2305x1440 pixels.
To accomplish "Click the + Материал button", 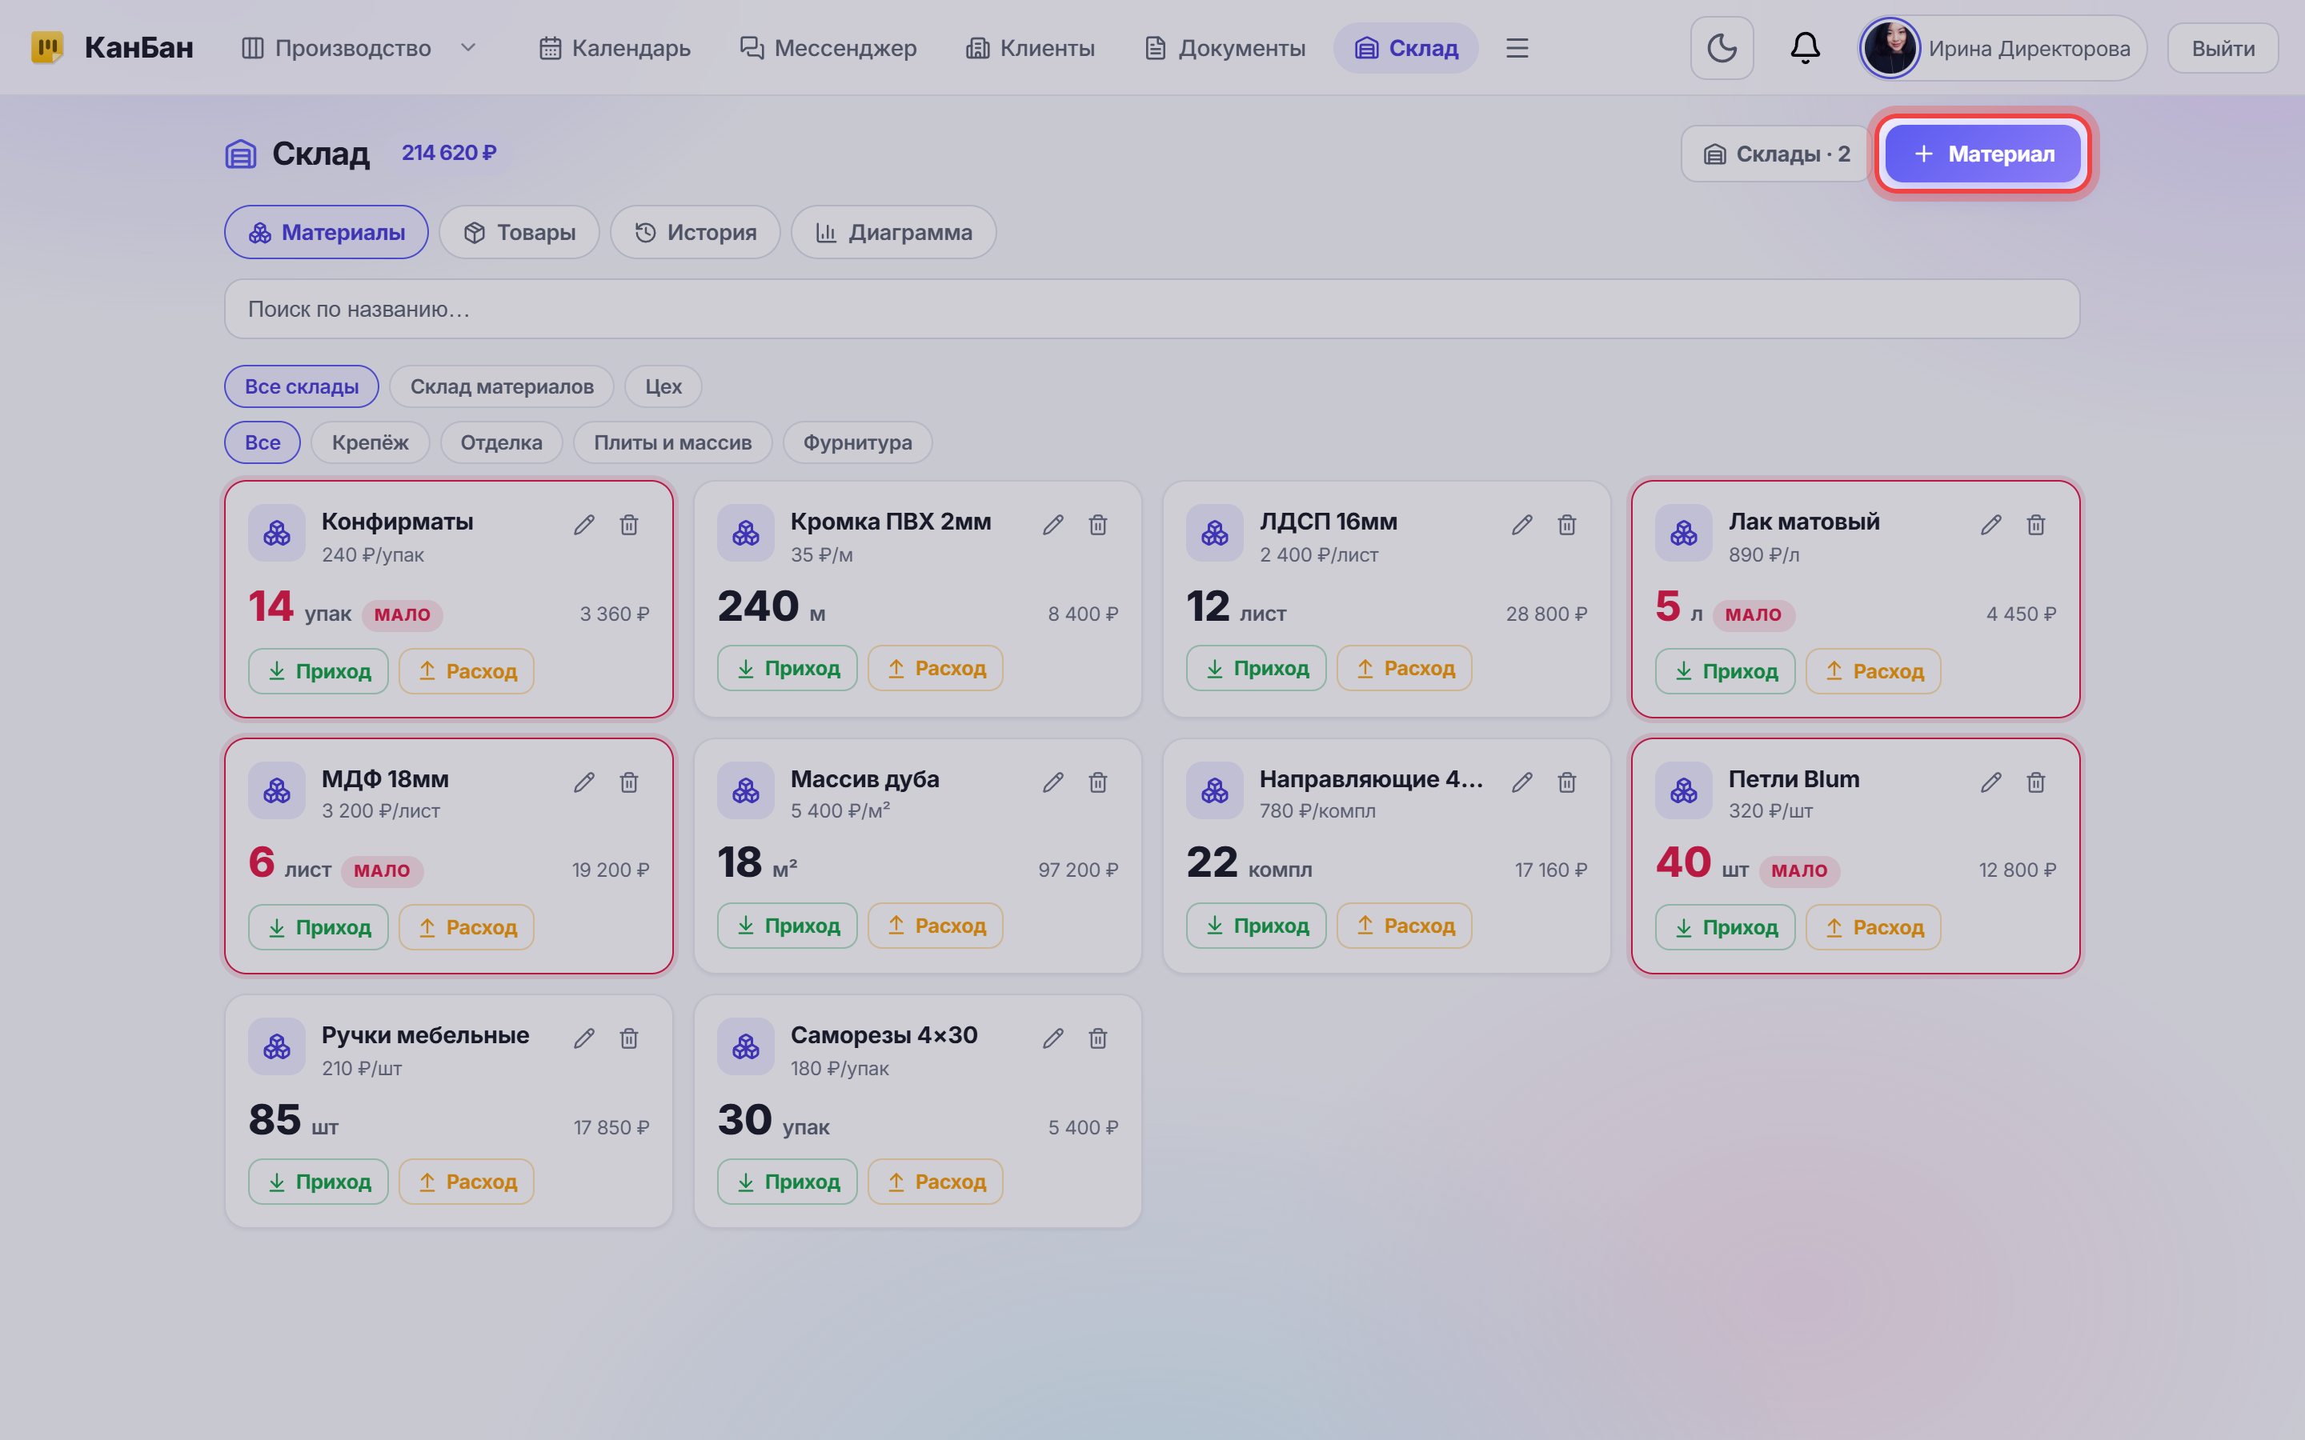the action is [1983, 154].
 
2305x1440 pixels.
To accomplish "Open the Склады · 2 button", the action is [1777, 154].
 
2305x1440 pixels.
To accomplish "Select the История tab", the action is [696, 232].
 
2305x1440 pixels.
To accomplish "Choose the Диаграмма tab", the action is [893, 232].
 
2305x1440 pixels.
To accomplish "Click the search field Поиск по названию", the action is [1152, 309].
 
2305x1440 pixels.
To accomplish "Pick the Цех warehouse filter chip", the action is [663, 386].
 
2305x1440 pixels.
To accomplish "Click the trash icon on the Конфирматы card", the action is [628, 525].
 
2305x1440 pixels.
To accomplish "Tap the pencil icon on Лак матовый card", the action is [1990, 525].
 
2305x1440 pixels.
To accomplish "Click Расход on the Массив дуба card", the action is [936, 925].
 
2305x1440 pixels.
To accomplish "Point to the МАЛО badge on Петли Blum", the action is [1799, 870].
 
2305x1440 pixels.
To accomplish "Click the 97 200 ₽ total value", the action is [1078, 870].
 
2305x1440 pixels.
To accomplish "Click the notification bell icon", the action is [1805, 48].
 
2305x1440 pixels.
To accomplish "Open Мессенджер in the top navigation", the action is [828, 48].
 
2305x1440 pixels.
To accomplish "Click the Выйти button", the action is [2223, 48].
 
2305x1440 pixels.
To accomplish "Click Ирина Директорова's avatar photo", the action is [1890, 48].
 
